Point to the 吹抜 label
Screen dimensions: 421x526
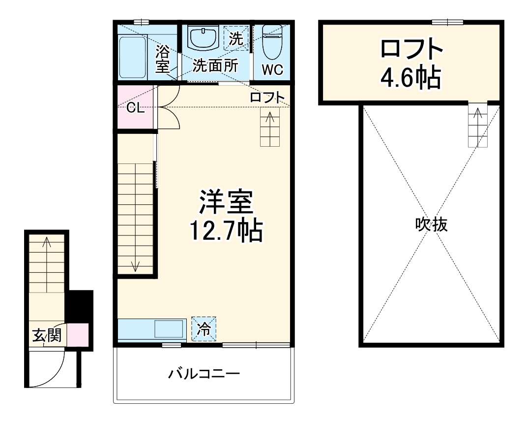pyautogui.click(x=431, y=225)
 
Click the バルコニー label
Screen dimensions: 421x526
pyautogui.click(x=204, y=374)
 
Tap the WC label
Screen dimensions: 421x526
pyautogui.click(x=272, y=70)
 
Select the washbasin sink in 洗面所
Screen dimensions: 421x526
pyautogui.click(x=204, y=38)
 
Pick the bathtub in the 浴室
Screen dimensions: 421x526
pyautogui.click(x=133, y=56)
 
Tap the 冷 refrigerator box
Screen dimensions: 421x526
pyautogui.click(x=203, y=329)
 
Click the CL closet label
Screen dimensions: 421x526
pyautogui.click(x=136, y=108)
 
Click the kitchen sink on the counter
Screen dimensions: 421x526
pyautogui.click(x=169, y=329)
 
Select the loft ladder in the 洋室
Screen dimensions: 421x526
pyautogui.click(x=270, y=127)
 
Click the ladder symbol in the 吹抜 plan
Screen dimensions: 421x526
pyautogui.click(x=477, y=125)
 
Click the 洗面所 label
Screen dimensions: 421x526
pyautogui.click(x=215, y=65)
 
